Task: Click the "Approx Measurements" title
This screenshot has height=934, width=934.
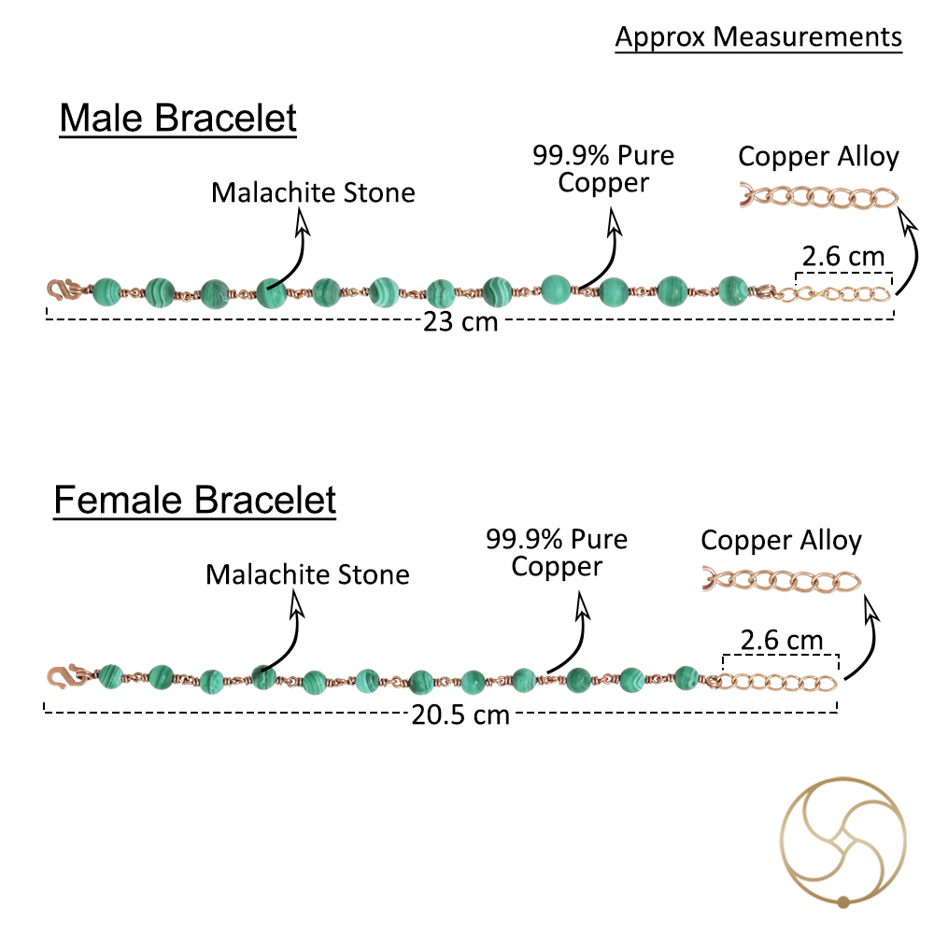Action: [x=758, y=37]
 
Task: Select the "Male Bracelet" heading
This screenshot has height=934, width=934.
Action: [x=178, y=118]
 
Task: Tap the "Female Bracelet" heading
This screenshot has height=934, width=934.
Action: [x=195, y=500]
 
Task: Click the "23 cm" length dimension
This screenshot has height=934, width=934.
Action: [x=460, y=321]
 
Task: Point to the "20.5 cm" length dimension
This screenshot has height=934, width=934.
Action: [x=460, y=715]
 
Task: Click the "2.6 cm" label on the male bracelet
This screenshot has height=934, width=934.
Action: [x=843, y=257]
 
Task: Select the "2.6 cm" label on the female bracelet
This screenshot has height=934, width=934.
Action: [x=782, y=641]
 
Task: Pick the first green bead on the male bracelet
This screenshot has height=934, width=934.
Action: [x=107, y=291]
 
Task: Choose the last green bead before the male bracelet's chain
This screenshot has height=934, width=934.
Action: [x=732, y=290]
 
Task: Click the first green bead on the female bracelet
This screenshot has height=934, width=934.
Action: [x=111, y=676]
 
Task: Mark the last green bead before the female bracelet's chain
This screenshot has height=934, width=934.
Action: [x=686, y=678]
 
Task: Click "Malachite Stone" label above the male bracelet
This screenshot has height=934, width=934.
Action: [x=313, y=192]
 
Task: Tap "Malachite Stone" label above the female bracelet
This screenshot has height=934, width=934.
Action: [x=307, y=574]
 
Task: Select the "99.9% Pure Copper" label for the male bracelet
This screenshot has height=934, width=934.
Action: [x=603, y=169]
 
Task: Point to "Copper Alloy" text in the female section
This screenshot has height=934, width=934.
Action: [x=782, y=541]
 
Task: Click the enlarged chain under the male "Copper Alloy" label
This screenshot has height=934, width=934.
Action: [x=819, y=197]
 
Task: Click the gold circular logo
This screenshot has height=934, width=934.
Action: [x=842, y=842]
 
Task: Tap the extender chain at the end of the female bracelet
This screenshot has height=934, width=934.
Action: [x=773, y=682]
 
